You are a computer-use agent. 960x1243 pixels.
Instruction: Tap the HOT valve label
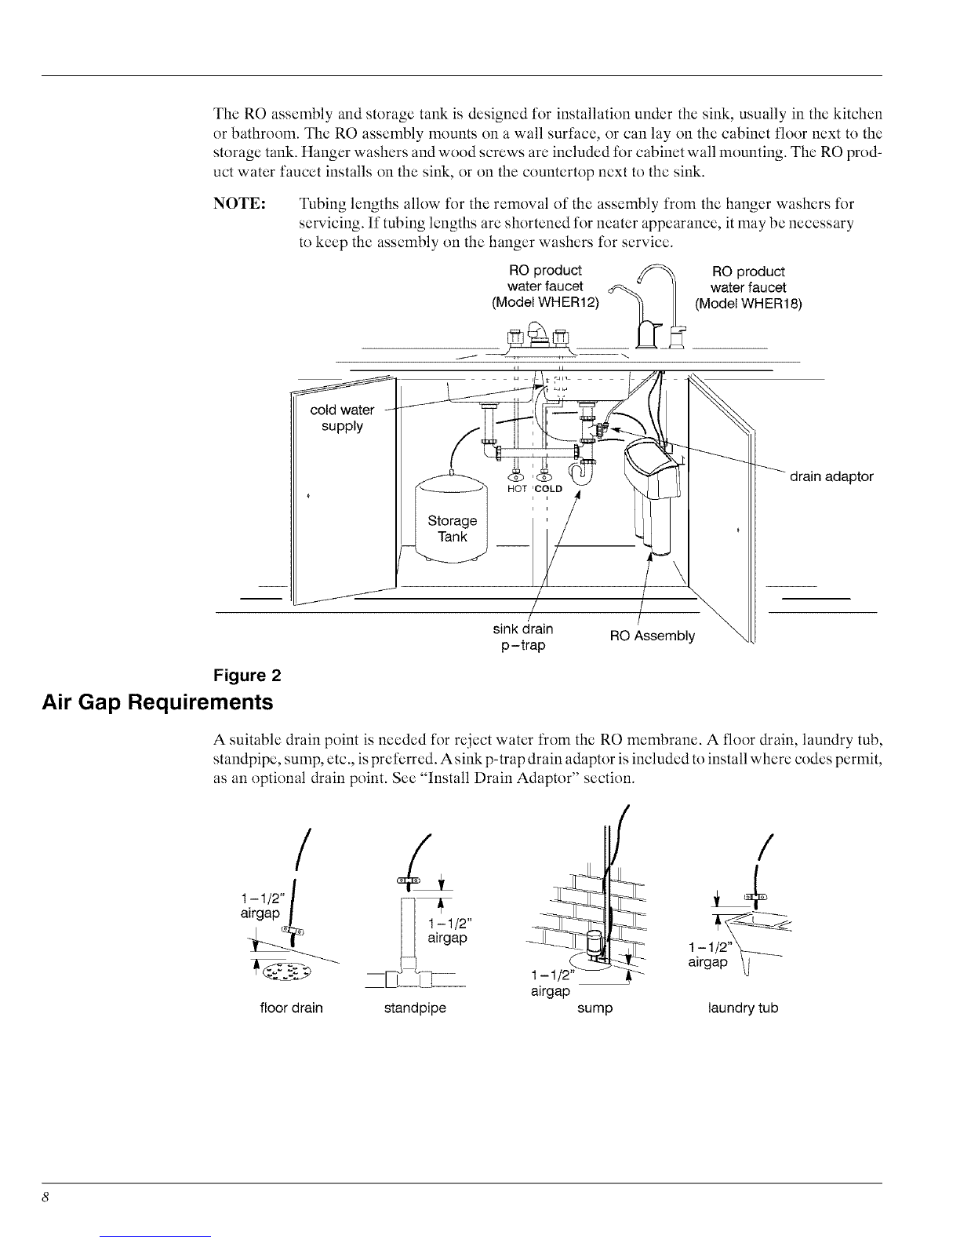pos(517,489)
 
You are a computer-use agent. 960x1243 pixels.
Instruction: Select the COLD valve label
pos(548,489)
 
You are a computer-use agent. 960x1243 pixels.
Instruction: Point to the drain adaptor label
pos(831,476)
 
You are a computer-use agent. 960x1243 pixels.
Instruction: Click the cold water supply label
pos(342,418)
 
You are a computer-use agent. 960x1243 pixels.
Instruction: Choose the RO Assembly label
pos(653,636)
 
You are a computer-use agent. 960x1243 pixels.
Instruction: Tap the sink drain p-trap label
pos(523,637)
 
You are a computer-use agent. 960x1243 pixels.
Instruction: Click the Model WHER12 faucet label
pos(545,286)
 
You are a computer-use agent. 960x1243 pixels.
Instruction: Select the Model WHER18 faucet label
pos(748,288)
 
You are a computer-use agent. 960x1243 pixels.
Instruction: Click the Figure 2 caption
pos(247,676)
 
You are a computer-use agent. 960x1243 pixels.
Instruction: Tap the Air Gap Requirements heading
pos(157,702)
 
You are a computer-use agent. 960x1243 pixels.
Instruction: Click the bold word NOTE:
pos(239,204)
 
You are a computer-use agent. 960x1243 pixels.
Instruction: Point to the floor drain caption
pos(291,1008)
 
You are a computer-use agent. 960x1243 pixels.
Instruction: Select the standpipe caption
pos(415,1008)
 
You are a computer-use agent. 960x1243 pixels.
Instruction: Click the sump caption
pos(595,1008)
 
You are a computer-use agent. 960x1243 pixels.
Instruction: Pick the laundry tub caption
pos(743,1008)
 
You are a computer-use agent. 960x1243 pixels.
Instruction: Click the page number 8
pos(45,1197)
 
